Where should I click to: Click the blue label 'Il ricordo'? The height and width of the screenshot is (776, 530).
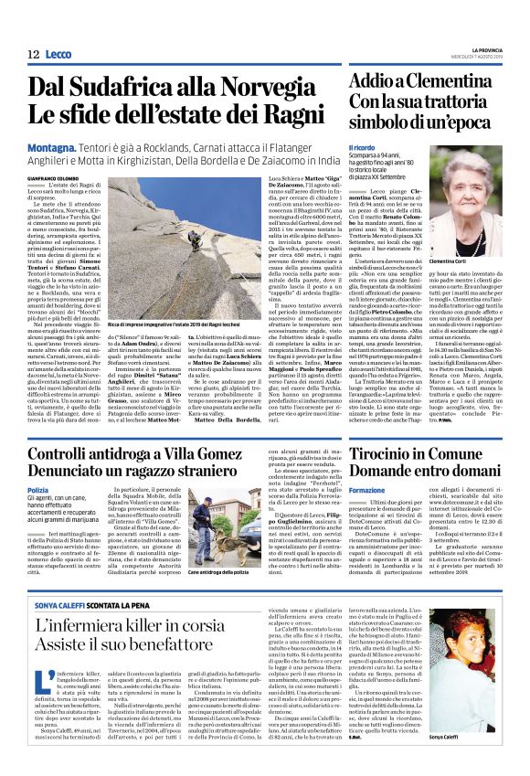pos(363,147)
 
